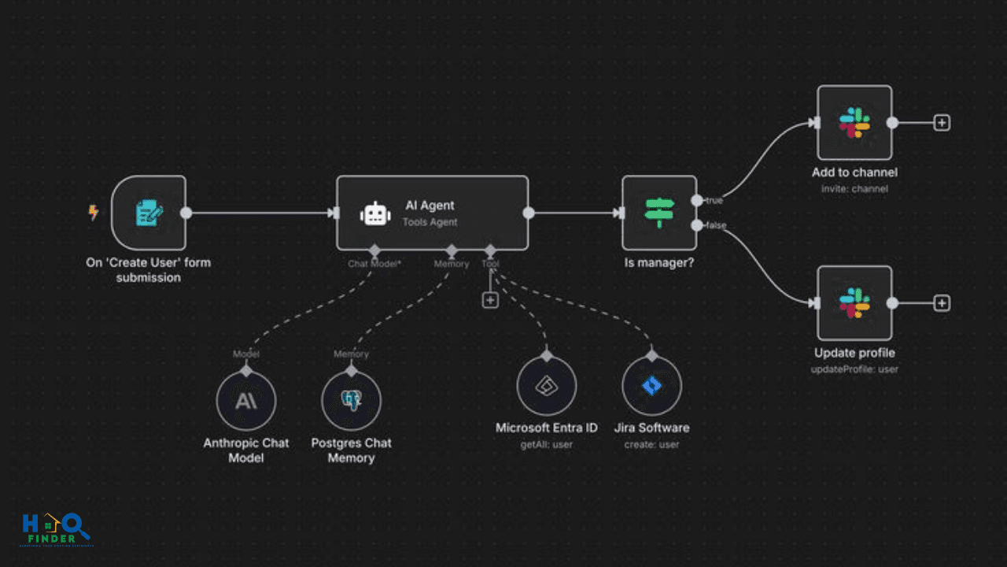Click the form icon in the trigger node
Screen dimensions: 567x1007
point(149,213)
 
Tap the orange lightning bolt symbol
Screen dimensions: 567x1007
point(94,213)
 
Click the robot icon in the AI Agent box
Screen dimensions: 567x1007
point(375,213)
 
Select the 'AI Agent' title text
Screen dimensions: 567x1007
point(430,206)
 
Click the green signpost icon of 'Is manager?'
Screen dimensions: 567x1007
point(659,213)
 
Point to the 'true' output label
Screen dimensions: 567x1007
point(714,201)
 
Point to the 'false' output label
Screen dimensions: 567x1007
point(715,226)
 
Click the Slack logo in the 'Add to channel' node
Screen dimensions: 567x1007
point(854,123)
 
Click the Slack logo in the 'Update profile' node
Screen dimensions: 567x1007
point(854,303)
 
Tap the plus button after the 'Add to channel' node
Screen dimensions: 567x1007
point(942,123)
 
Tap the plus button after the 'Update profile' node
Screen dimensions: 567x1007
point(942,303)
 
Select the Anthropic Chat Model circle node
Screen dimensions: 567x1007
point(246,401)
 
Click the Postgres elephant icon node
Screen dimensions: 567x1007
point(352,401)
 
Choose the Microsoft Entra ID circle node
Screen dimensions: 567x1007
point(547,386)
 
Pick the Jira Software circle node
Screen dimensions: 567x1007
point(651,386)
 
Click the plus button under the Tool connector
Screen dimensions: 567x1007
point(490,300)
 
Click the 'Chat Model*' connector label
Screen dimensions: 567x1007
point(374,264)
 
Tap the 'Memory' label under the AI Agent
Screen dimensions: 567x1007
point(452,264)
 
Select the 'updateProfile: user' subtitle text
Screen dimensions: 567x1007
point(854,369)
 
